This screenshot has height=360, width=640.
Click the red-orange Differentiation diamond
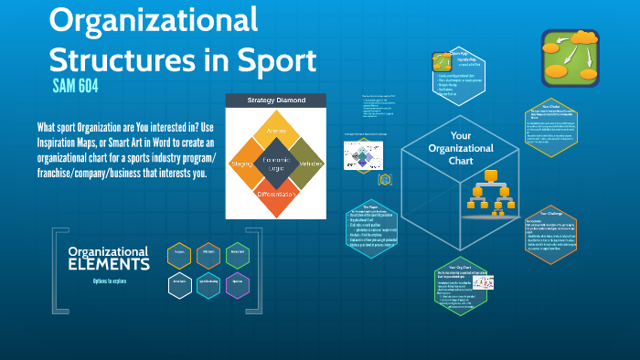pyautogui.click(x=276, y=194)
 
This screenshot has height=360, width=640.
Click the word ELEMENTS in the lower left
pyautogui.click(x=109, y=265)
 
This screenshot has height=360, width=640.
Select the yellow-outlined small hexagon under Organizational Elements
pyautogui.click(x=179, y=255)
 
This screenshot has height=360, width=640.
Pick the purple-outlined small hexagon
pyautogui.click(x=237, y=284)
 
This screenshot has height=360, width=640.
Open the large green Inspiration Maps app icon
pyautogui.click(x=570, y=57)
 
